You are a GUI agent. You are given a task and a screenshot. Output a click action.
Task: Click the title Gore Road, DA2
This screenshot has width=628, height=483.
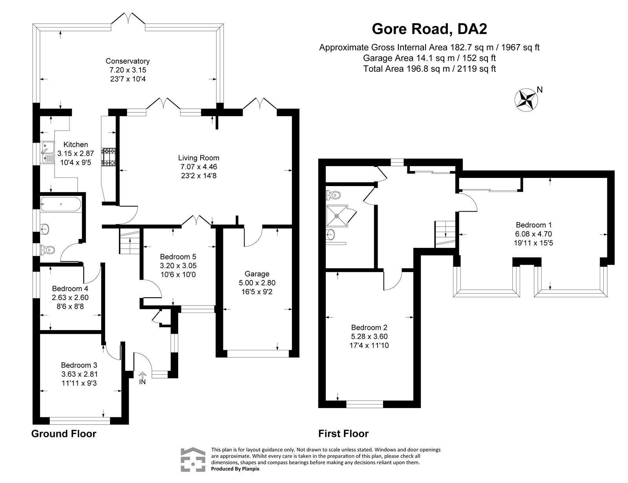pyautogui.click(x=429, y=29)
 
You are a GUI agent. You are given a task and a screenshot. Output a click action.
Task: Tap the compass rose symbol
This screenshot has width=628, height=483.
pyautogui.click(x=526, y=99)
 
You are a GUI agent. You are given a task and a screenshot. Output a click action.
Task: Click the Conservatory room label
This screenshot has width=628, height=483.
pyautogui.click(x=128, y=61)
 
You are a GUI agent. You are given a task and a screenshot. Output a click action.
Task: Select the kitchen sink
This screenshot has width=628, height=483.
pyautogui.click(x=47, y=152)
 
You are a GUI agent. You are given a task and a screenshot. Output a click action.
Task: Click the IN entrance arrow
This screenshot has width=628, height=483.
pyautogui.click(x=142, y=378)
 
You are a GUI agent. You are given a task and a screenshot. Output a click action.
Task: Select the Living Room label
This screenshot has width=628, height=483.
pyautogui.click(x=199, y=158)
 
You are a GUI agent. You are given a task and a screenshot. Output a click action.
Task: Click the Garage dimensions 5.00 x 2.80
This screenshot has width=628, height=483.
pyautogui.click(x=257, y=282)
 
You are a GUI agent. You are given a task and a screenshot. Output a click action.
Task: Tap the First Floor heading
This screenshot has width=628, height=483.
pyautogui.click(x=343, y=434)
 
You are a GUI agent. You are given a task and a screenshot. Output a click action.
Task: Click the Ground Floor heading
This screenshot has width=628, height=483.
pyautogui.click(x=64, y=434)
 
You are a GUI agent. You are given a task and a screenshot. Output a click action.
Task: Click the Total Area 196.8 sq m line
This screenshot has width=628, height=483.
pyautogui.click(x=429, y=69)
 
